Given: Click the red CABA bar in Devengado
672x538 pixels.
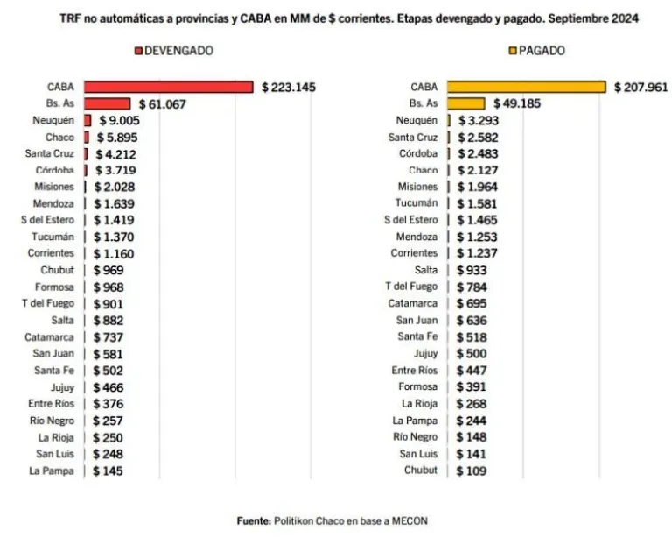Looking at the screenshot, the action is (168, 87).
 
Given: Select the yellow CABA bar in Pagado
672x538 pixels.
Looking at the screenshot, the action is (526, 87).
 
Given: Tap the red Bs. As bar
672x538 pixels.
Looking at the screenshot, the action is (107, 103).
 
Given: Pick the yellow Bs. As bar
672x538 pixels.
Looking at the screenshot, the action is (465, 103).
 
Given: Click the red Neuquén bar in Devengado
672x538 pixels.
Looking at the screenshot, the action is (87, 121).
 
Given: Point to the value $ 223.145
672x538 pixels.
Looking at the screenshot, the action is (289, 88).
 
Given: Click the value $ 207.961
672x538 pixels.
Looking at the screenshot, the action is (640, 88).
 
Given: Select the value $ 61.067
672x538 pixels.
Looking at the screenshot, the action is (163, 104).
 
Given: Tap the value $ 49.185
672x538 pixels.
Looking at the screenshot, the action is (517, 103).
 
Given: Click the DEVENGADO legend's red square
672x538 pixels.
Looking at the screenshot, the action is (138, 51).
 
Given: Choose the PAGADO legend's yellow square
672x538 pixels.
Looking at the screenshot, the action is (513, 51).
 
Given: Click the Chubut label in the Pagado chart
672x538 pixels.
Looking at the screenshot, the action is (420, 471).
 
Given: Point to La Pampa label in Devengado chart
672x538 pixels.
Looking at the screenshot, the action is (52, 471).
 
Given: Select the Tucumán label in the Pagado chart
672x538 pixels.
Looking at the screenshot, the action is (416, 203).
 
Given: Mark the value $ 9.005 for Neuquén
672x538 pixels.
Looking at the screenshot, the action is (120, 121).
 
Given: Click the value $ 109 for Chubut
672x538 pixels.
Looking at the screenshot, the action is (472, 471).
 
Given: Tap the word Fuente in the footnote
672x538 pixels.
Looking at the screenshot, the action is (254, 521).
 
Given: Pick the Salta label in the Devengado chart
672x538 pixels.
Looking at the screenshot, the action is (62, 321).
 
